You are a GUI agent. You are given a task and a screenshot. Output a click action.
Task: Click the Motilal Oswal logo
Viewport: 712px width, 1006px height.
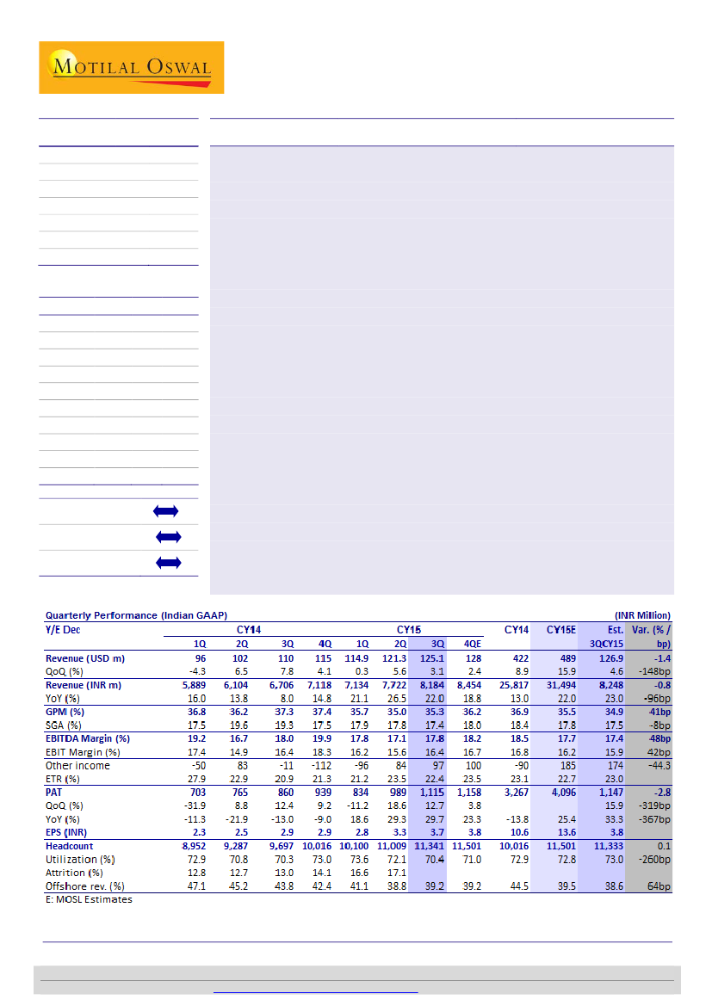click(131, 67)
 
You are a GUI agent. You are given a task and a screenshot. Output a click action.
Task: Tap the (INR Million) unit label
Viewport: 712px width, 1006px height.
click(642, 615)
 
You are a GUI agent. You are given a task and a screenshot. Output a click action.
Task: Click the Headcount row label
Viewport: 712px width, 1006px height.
click(70, 847)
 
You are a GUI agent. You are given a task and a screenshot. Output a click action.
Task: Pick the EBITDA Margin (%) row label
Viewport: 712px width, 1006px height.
click(87, 738)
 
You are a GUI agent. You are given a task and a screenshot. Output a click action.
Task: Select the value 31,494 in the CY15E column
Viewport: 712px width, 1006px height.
click(560, 684)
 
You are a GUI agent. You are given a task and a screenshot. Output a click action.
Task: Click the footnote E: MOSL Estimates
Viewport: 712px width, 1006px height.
click(89, 899)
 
